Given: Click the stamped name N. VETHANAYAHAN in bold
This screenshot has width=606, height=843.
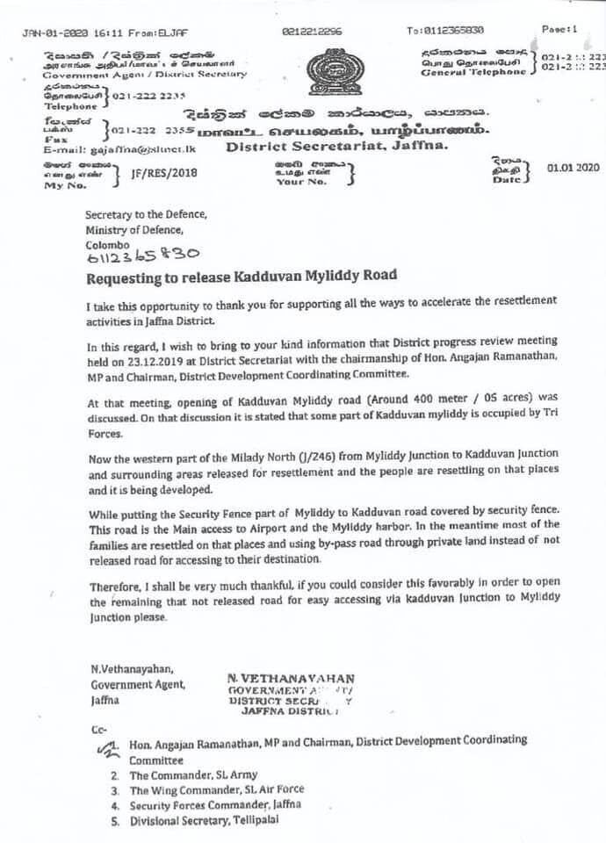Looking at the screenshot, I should pyautogui.click(x=291, y=678).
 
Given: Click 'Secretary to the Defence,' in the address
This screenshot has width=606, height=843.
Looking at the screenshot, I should pyautogui.click(x=146, y=215).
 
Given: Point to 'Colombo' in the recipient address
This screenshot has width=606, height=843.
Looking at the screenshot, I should pyautogui.click(x=107, y=244).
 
